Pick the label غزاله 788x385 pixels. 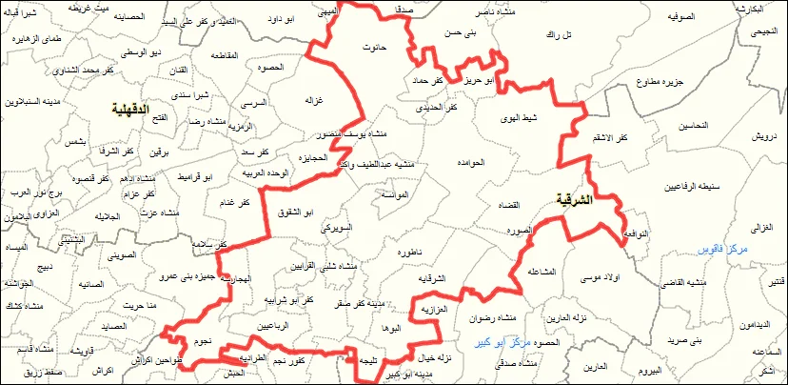313,100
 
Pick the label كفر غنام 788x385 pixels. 233,203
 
